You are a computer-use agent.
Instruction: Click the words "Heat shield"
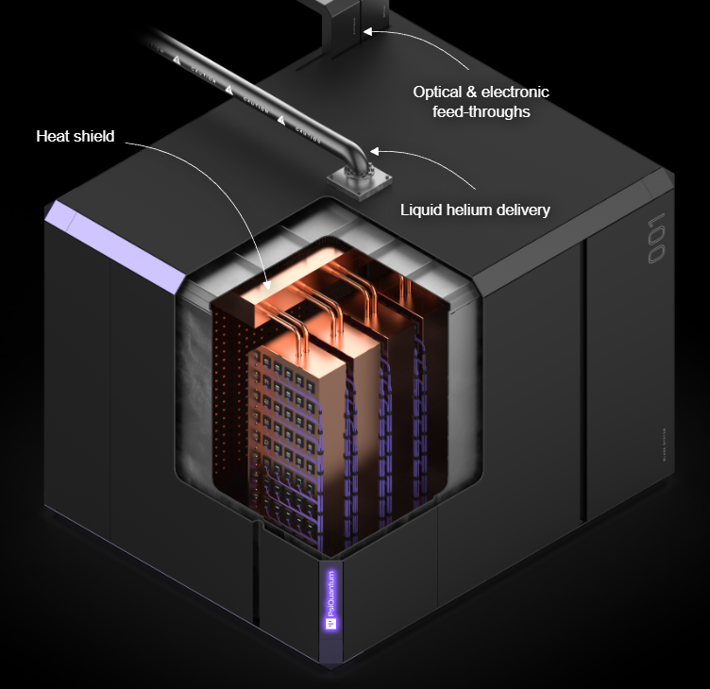tap(76, 137)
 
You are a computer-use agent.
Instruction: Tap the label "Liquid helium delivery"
tap(476, 210)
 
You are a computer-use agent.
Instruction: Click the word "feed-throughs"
tap(482, 111)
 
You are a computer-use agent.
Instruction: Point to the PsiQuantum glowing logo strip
tap(331, 599)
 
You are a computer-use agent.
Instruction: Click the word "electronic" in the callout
tap(516, 92)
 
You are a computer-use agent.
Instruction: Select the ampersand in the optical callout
tap(475, 92)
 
